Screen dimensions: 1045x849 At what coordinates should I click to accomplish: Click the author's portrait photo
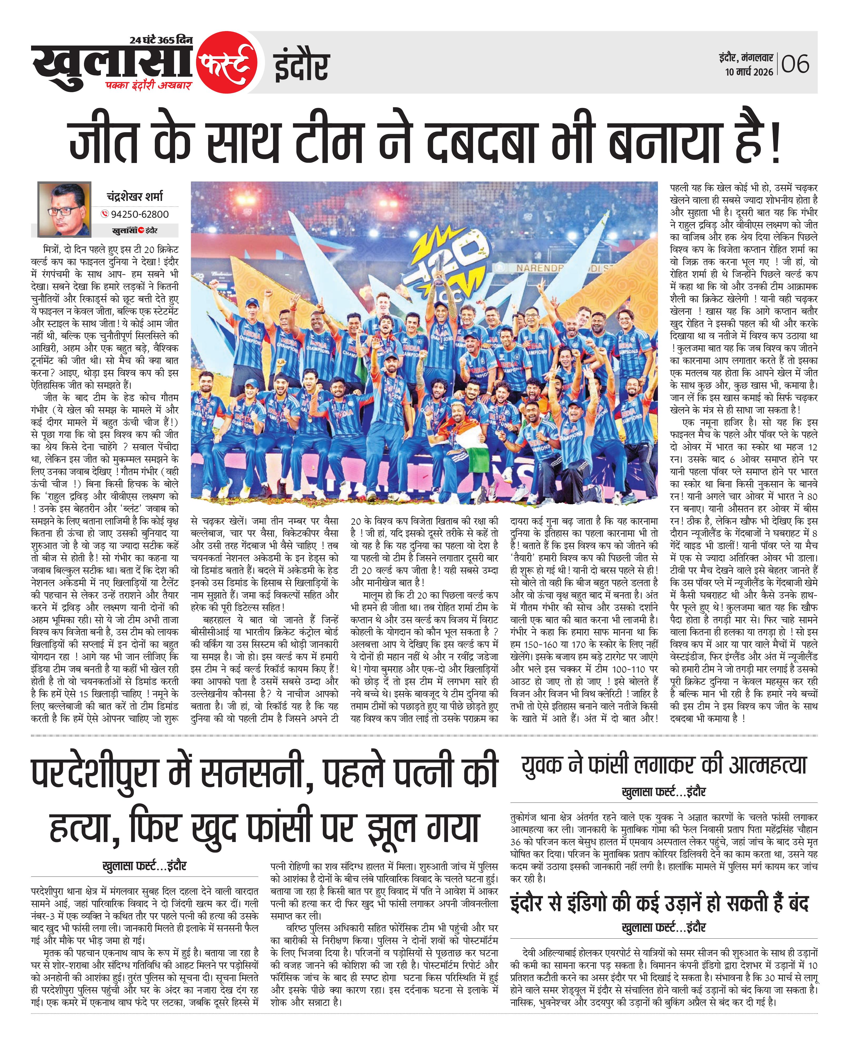pos(64,209)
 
